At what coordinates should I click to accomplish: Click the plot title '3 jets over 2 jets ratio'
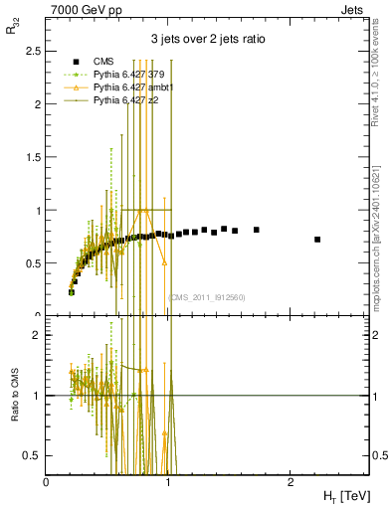[207, 41]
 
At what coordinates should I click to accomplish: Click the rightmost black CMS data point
[316, 240]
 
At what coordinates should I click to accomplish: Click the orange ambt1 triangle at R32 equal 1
[144, 210]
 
